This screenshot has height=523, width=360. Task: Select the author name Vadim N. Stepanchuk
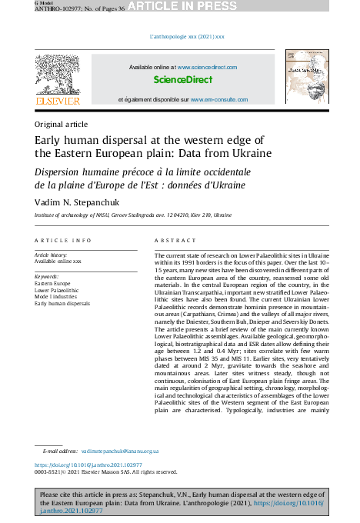click(75, 202)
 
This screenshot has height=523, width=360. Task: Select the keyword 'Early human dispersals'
click(62, 304)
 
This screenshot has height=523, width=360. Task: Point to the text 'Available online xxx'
click(58, 261)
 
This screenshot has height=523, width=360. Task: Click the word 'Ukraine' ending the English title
click(253, 153)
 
